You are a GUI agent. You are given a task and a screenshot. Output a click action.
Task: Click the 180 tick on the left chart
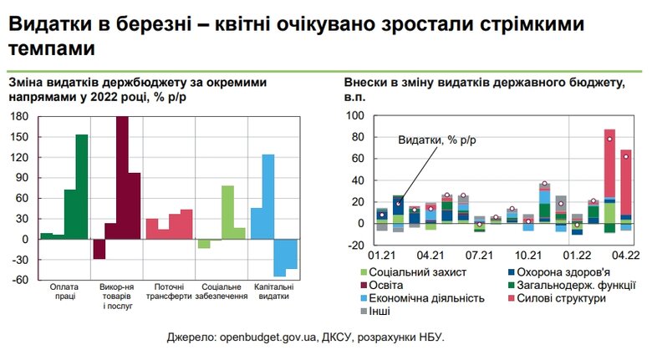tap(18, 116)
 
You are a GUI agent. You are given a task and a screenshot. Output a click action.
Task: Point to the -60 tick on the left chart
tap(18, 280)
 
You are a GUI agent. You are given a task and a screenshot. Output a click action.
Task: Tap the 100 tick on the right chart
tap(355, 116)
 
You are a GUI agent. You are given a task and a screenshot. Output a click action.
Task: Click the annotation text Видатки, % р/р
tap(436, 140)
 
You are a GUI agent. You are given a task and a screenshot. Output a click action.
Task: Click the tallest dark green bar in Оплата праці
tap(82, 186)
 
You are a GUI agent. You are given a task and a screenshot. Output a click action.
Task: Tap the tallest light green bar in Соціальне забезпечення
tap(227, 212)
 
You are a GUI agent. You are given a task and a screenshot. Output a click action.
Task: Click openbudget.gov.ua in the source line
tap(267, 337)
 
